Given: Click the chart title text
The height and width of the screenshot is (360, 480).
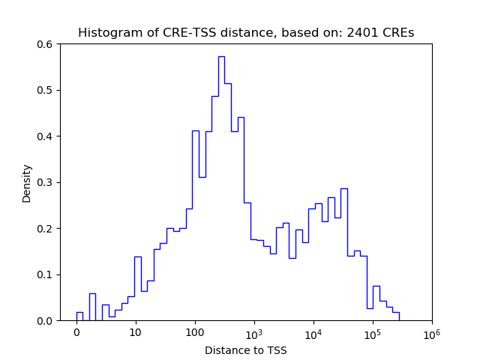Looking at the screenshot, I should click(246, 33).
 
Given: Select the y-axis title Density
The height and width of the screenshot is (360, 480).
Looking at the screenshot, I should click(27, 182).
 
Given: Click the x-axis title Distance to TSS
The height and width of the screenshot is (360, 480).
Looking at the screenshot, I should click(246, 350).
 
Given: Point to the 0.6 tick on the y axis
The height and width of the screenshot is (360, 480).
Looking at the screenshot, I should click(46, 44).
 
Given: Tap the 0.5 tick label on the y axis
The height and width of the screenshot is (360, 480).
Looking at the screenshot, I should click(46, 91).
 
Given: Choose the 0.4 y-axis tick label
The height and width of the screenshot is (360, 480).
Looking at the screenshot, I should click(46, 136).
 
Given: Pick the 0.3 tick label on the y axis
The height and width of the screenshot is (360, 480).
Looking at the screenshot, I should click(46, 182).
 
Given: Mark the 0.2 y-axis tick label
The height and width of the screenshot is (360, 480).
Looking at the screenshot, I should click(46, 229).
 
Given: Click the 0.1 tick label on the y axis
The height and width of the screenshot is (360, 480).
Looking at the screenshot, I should click(46, 274).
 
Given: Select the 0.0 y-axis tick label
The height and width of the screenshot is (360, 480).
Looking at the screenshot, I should click(46, 321).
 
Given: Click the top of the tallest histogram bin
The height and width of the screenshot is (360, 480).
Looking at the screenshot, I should click(221, 56).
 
